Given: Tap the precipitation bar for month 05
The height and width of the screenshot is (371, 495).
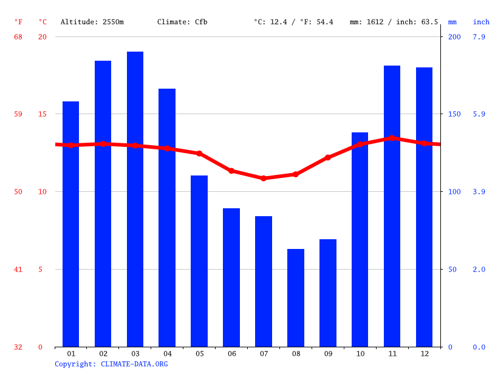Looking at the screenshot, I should tap(199, 261).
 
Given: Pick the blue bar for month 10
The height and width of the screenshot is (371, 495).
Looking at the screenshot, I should tap(360, 239).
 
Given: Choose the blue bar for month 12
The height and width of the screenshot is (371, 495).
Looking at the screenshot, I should tap(424, 207).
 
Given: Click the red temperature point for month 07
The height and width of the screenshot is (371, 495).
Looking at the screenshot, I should tap(264, 179).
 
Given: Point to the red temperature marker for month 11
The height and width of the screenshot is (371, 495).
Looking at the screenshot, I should tap(392, 138).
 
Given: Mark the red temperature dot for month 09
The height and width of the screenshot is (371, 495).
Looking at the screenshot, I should tap(328, 157).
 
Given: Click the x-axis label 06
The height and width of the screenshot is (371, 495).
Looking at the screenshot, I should tap(231, 353).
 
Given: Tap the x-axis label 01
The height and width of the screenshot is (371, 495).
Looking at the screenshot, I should tap(71, 353).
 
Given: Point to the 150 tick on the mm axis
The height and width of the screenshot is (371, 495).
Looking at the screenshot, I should tap(454, 114).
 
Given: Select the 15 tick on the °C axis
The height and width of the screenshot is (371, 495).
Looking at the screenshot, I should tap(42, 114).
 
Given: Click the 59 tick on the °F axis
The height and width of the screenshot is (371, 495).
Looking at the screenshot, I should tap(18, 114).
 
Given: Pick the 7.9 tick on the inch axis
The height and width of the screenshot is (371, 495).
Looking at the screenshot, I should tap(479, 37).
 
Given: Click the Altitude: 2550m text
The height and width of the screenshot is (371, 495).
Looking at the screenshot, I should tap(92, 22).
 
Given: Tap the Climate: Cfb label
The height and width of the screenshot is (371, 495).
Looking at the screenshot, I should tap(182, 22).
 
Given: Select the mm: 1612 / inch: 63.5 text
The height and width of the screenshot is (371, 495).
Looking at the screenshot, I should tap(394, 22).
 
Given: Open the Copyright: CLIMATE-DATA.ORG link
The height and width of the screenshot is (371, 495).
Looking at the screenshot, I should tap(111, 364).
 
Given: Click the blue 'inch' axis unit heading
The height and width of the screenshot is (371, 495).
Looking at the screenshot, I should tap(481, 22).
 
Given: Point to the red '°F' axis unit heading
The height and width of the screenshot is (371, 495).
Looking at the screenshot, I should tap(18, 22).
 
